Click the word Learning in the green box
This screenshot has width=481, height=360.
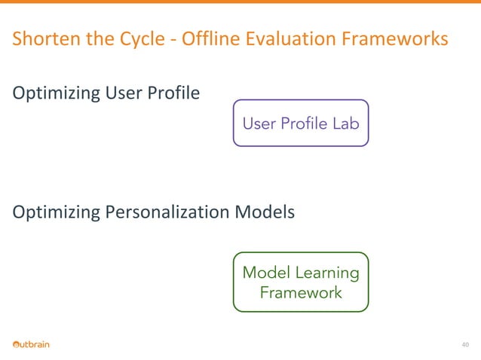coord(326,273)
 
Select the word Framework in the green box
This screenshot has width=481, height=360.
coord(300,292)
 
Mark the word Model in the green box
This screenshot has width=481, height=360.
coord(265,273)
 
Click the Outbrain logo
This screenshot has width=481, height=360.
coord(31,345)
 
